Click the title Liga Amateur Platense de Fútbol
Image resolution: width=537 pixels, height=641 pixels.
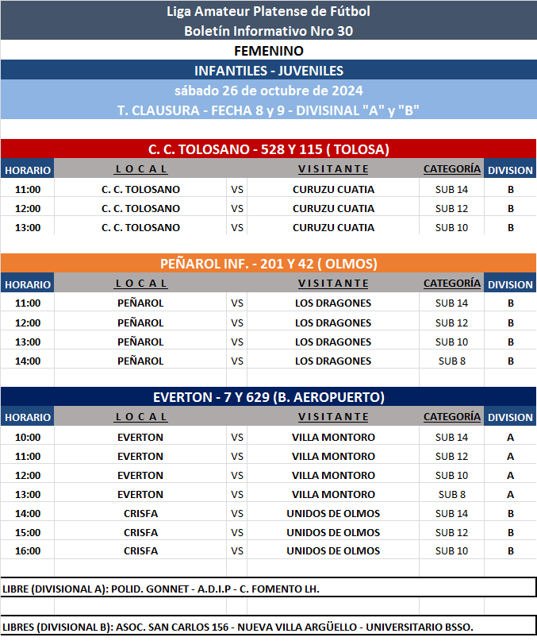pyautogui.click(x=268, y=11)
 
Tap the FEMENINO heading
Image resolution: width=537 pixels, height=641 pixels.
pyautogui.click(x=268, y=51)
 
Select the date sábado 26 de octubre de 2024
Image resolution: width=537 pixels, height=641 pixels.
pyautogui.click(x=268, y=91)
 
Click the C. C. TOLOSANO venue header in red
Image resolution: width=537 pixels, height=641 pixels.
pyautogui.click(x=268, y=149)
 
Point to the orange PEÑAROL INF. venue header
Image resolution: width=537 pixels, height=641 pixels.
pyautogui.click(x=268, y=263)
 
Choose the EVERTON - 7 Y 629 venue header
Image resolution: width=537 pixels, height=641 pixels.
pyautogui.click(x=268, y=397)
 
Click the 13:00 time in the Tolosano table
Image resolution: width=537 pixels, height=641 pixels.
pyautogui.click(x=28, y=228)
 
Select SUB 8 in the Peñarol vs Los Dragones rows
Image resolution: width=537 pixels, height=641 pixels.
pyautogui.click(x=451, y=361)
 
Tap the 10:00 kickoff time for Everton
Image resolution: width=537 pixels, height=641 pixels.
pyautogui.click(x=28, y=438)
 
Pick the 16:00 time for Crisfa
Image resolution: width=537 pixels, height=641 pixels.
pyautogui.click(x=28, y=551)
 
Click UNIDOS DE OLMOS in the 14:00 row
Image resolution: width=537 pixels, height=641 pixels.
pyautogui.click(x=333, y=514)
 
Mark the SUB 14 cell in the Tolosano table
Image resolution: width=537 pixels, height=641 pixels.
pyautogui.click(x=451, y=190)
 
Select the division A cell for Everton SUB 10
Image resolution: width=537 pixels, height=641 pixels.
pyautogui.click(x=510, y=476)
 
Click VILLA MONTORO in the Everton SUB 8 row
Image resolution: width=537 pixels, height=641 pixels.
pyautogui.click(x=333, y=495)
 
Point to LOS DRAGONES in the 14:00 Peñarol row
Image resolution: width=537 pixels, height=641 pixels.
pyautogui.click(x=333, y=361)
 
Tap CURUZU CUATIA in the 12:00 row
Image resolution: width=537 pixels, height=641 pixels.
pyautogui.click(x=333, y=209)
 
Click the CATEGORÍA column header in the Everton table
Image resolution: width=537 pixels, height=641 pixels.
pyautogui.click(x=451, y=416)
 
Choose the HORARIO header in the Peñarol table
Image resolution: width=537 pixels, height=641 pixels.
pyautogui.click(x=28, y=284)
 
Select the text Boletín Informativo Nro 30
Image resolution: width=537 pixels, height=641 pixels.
pyautogui.click(x=268, y=31)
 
